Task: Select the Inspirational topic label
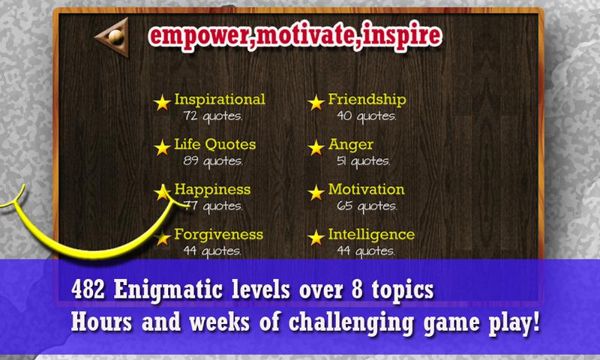[x=220, y=100]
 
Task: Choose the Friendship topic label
[x=367, y=100]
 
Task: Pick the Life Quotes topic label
[x=215, y=144]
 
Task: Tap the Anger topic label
[x=350, y=145]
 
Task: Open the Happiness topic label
[x=212, y=190]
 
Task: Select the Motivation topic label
[x=366, y=189]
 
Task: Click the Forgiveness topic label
[x=218, y=234]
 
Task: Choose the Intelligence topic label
[x=371, y=235]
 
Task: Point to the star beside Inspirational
[x=162, y=103]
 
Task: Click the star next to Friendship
[x=316, y=103]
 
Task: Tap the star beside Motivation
[x=316, y=193]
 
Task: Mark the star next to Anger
[x=316, y=147]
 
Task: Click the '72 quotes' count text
[x=213, y=116]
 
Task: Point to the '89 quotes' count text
[x=213, y=160]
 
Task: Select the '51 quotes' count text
[x=363, y=160]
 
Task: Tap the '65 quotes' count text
[x=367, y=205]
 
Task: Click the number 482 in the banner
[x=88, y=289]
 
